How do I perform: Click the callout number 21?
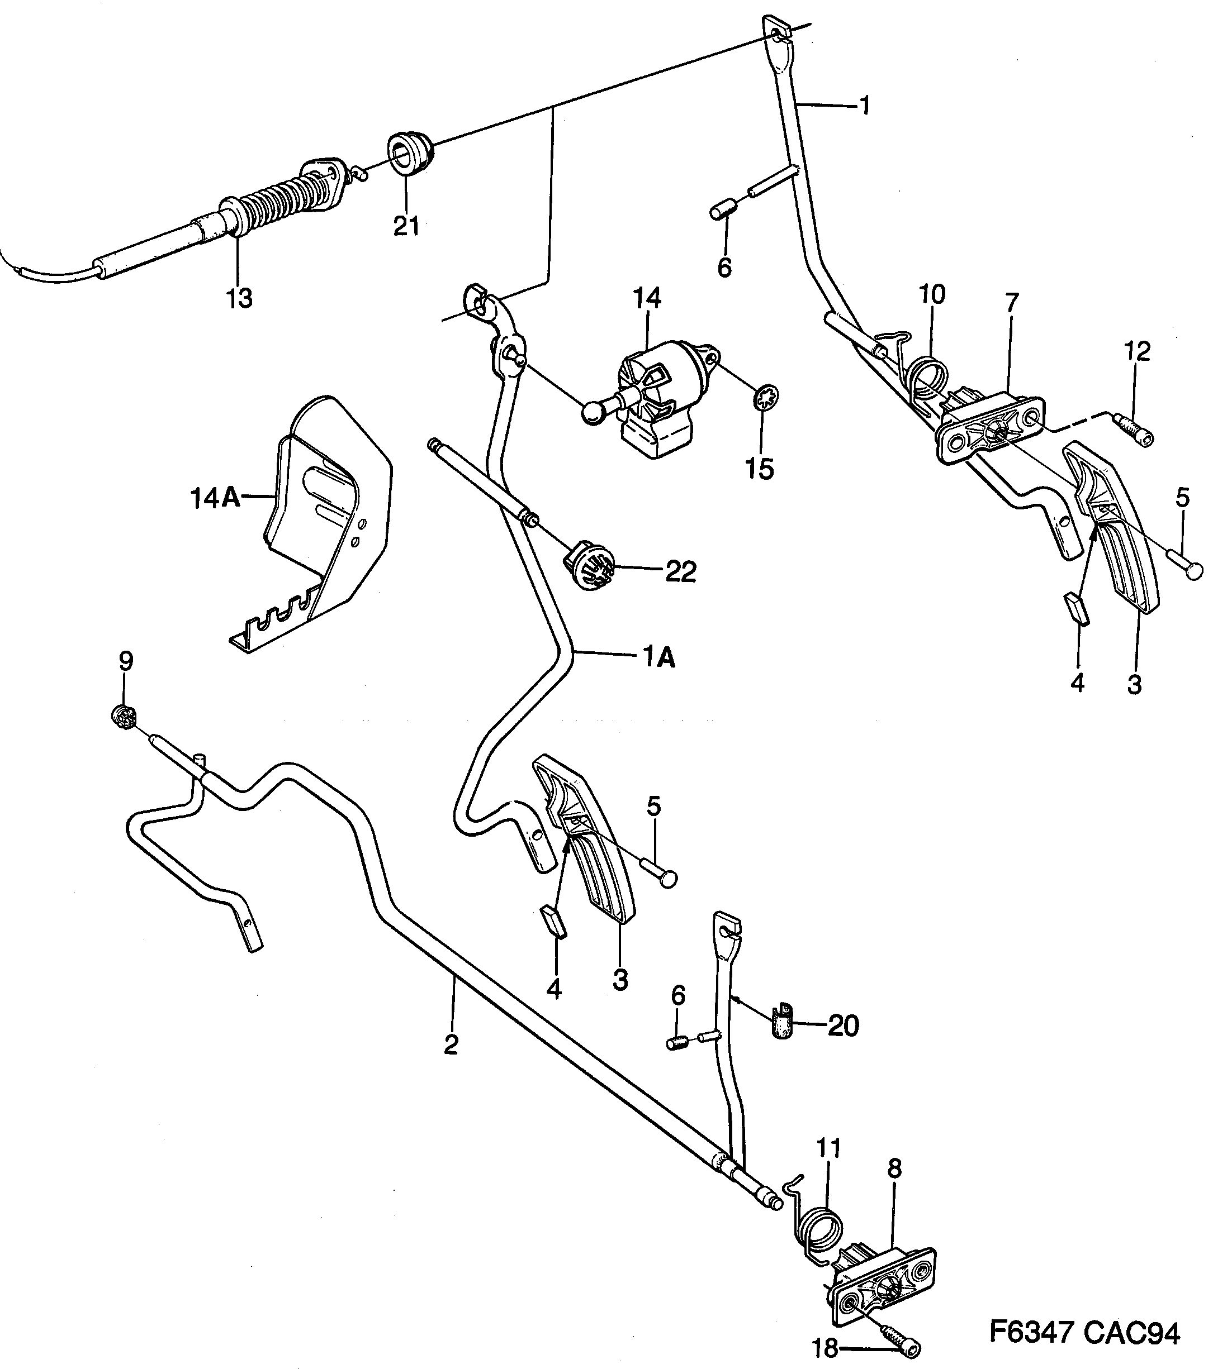click(406, 226)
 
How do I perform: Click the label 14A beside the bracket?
click(215, 498)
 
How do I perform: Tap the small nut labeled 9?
click(124, 716)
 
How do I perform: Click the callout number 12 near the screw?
click(1138, 351)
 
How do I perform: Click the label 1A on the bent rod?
click(659, 659)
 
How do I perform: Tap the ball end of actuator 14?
click(592, 413)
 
